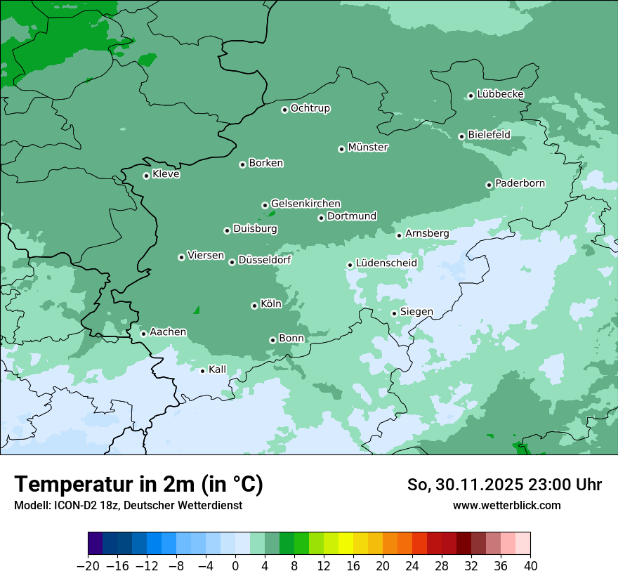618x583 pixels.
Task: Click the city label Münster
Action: (368, 148)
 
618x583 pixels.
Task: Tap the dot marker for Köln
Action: (254, 306)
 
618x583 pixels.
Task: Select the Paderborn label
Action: (520, 183)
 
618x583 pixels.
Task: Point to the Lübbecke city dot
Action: (471, 96)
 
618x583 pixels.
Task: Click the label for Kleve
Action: (166, 174)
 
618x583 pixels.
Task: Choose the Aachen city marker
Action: (143, 334)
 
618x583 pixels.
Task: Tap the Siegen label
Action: (416, 312)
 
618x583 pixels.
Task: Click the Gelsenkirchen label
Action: (305, 204)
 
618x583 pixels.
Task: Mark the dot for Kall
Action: (202, 371)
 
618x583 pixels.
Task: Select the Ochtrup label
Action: (310, 108)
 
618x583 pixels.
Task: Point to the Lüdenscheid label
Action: (386, 263)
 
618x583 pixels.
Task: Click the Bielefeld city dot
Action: (461, 136)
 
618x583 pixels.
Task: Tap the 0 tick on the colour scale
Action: (235, 566)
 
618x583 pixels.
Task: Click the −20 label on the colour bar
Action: (88, 566)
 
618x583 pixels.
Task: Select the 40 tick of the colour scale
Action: (530, 566)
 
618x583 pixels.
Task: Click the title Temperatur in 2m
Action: (138, 485)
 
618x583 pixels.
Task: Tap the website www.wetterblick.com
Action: (506, 505)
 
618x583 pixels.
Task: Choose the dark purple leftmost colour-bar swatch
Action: (96, 544)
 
